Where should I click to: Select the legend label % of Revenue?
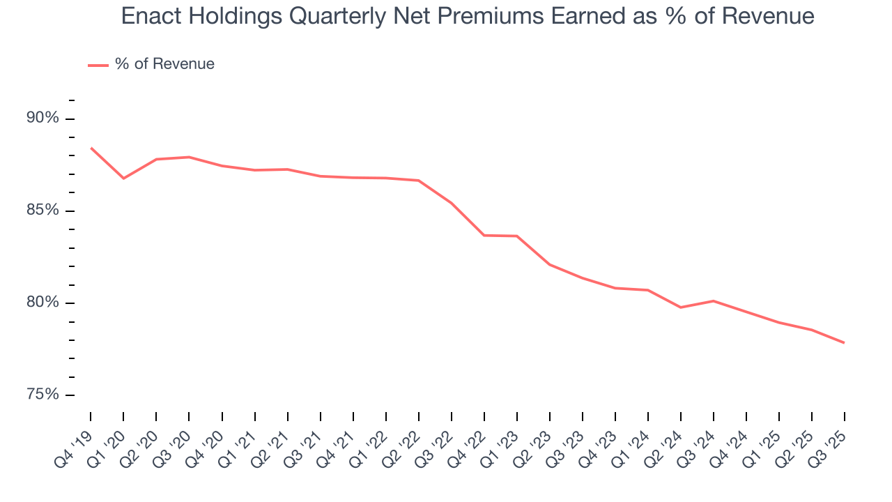(x=164, y=64)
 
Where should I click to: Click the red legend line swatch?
(x=98, y=65)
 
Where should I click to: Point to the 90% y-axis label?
(x=43, y=118)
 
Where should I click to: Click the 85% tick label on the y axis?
(x=43, y=211)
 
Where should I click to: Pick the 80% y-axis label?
(x=43, y=303)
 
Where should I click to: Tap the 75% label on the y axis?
(x=43, y=395)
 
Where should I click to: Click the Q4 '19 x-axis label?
(x=78, y=446)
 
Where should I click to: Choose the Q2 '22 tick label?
(x=406, y=446)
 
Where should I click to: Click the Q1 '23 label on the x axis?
(x=505, y=446)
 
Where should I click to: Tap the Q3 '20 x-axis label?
(x=176, y=446)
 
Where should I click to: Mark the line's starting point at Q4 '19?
(x=91, y=148)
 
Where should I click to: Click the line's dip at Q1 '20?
(x=123, y=178)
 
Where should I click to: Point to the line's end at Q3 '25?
(x=844, y=342)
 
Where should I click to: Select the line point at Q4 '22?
(x=484, y=235)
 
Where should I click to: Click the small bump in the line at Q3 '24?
(x=713, y=301)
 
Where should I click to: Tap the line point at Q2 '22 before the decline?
(x=419, y=181)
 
